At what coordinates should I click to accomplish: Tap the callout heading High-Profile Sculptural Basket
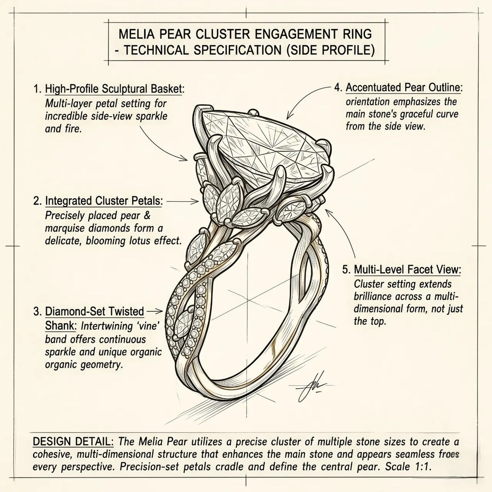(113, 89)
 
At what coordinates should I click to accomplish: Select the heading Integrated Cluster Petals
(104, 201)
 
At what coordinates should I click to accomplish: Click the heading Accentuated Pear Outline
(403, 87)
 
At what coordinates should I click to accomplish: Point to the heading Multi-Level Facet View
(407, 270)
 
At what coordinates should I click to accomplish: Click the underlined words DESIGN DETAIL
(73, 442)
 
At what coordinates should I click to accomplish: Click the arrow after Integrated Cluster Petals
(183, 201)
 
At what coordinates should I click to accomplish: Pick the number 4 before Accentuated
(337, 87)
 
